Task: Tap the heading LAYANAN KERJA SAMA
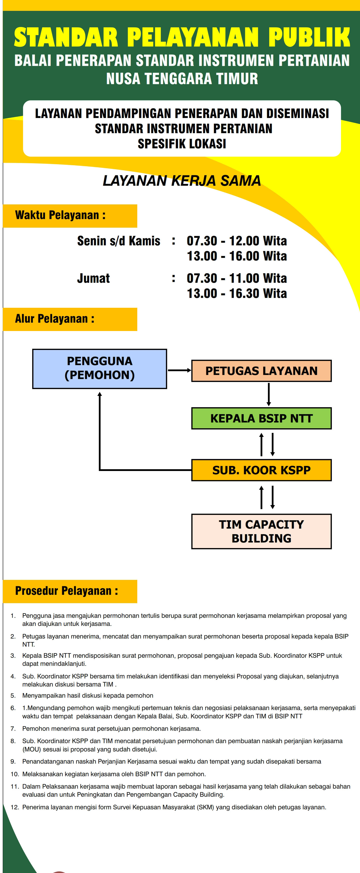[182, 181]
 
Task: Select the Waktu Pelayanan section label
[60, 215]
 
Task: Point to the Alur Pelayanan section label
[55, 319]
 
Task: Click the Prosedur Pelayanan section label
[66, 591]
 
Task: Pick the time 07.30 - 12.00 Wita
[237, 241]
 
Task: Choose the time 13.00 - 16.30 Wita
[237, 294]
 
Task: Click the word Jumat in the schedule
[94, 278]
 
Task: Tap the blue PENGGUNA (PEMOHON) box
[100, 368]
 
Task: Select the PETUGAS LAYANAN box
[261, 371]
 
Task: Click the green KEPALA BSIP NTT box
[261, 418]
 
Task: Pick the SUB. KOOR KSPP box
[261, 470]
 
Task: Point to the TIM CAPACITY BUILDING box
[261, 531]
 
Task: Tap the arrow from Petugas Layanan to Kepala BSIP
[268, 394]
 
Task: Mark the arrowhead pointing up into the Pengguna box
[100, 394]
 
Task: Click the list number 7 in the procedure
[13, 729]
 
